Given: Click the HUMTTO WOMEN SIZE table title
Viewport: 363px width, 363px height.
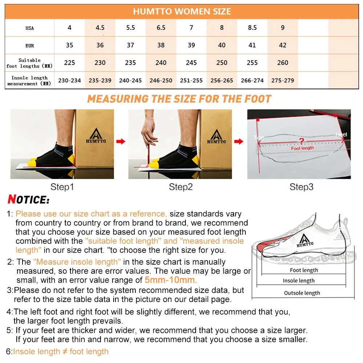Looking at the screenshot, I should [x=181, y=11].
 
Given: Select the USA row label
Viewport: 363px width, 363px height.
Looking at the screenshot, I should [x=30, y=28].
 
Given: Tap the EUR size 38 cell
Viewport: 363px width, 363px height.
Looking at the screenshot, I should [x=161, y=45].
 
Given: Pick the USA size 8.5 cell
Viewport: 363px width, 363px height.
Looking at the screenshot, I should [x=252, y=28].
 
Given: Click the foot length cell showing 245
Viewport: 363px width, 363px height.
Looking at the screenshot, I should [x=191, y=63].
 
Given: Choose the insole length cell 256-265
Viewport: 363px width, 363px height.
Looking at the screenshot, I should [x=222, y=81].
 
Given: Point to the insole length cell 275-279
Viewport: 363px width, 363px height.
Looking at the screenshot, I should [x=283, y=81].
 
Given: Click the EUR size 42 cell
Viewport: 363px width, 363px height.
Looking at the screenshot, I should [x=283, y=45].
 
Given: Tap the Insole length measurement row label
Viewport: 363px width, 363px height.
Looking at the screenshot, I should [x=29, y=81].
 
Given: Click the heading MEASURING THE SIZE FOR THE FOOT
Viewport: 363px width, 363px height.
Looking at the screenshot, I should [x=179, y=99].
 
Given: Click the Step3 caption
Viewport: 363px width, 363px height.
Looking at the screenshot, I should [x=301, y=187].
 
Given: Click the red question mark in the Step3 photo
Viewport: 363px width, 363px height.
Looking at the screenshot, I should [x=301, y=141].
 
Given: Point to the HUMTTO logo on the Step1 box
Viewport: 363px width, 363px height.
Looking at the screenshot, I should [x=95, y=136].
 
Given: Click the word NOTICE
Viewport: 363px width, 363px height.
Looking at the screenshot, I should [x=28, y=200].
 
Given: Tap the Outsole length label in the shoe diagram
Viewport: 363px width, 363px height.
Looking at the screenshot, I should [x=302, y=293].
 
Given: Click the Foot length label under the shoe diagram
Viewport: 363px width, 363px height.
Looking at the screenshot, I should [x=304, y=270].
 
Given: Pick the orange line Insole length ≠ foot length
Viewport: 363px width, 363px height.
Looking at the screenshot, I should [x=61, y=351].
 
